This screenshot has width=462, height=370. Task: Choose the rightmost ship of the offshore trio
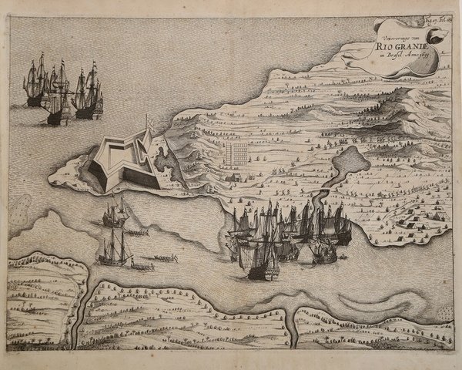click(89, 92)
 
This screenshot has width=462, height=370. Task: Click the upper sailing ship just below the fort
click(114, 214)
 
